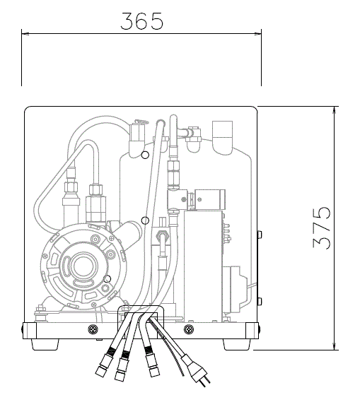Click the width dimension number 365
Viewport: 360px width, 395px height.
pos(141,21)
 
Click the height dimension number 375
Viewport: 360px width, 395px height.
pos(321,228)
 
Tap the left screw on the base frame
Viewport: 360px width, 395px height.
pos(93,329)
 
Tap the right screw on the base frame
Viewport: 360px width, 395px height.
pos(189,329)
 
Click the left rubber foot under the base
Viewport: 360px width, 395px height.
pos(45,344)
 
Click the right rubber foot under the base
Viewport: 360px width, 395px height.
pos(237,344)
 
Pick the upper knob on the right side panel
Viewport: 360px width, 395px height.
pos(260,235)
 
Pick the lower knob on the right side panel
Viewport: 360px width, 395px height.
pos(260,301)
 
